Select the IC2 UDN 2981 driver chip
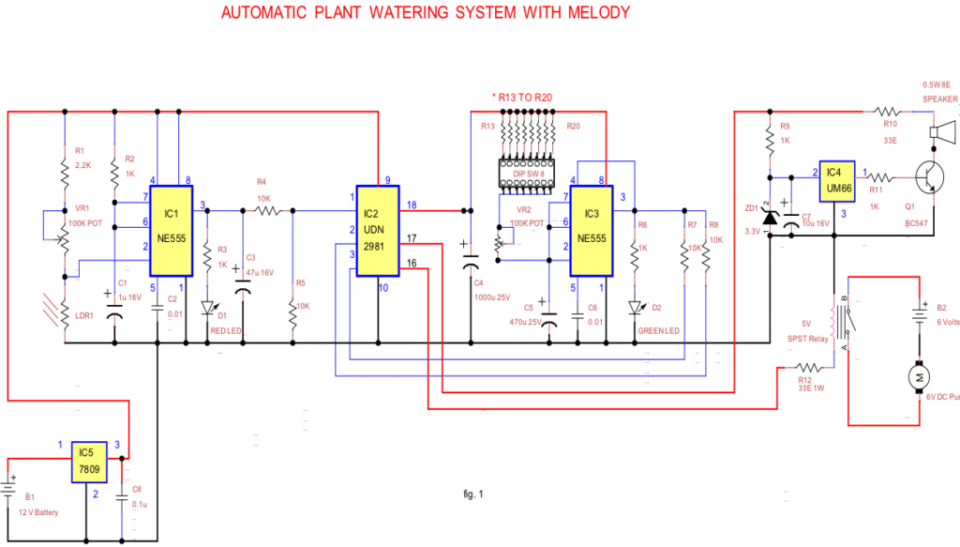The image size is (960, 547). pyautogui.click(x=377, y=230)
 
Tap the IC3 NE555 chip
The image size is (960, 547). pyautogui.click(x=592, y=231)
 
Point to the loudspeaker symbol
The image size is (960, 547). pyautogui.click(x=941, y=134)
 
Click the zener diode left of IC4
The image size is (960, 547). pyautogui.click(x=770, y=218)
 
